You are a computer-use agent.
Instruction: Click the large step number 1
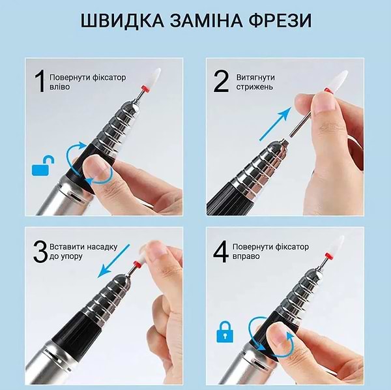point(40,82)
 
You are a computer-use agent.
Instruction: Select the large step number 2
point(222,82)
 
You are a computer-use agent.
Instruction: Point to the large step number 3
point(40,252)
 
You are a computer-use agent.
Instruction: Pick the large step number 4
point(222,252)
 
